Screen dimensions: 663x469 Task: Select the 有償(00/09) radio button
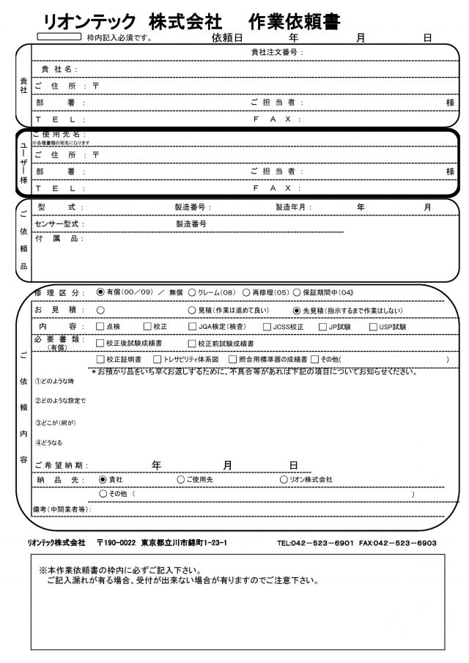coord(101,292)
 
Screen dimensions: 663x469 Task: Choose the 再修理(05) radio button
coord(246,292)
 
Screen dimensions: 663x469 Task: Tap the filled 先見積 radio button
coord(297,309)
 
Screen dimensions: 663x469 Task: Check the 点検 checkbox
coord(101,327)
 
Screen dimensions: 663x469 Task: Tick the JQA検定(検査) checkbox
coord(192,327)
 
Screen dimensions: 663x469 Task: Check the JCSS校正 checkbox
coord(267,327)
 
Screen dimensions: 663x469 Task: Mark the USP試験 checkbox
coord(374,327)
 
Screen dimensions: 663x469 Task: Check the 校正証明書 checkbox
coord(101,360)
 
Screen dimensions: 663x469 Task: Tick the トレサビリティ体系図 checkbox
coord(157,360)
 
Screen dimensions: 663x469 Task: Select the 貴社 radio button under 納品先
coord(103,479)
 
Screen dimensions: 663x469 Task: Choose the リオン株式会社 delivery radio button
coord(284,479)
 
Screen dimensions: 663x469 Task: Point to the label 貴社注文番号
coord(276,53)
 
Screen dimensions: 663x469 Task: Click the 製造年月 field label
coord(293,208)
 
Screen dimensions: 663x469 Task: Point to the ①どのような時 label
coord(54,382)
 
